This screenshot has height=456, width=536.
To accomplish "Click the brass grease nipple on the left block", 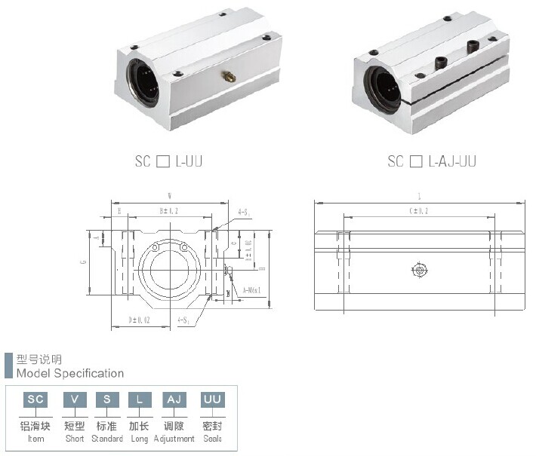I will pyautogui.click(x=226, y=76).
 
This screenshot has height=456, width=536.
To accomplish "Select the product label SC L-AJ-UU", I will pyautogui.click(x=432, y=161).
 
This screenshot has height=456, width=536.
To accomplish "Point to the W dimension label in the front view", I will pyautogui.click(x=169, y=197).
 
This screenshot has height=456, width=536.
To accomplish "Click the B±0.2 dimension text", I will pyautogui.click(x=168, y=212).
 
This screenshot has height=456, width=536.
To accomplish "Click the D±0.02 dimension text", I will pyautogui.click(x=140, y=320).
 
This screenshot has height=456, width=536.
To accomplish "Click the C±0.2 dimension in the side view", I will pyautogui.click(x=418, y=212).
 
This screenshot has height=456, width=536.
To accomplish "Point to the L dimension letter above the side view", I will pyautogui.click(x=418, y=197).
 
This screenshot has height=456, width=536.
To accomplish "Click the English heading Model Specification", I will pyautogui.click(x=70, y=373).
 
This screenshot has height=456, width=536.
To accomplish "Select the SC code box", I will pyautogui.click(x=35, y=399).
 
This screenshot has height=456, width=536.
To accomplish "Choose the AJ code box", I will pyautogui.click(x=174, y=399).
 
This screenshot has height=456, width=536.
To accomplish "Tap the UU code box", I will pyautogui.click(x=211, y=399).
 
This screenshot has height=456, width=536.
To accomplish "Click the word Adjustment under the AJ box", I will pyautogui.click(x=174, y=439).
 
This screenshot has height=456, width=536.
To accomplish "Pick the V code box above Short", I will pyautogui.click(x=74, y=399).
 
